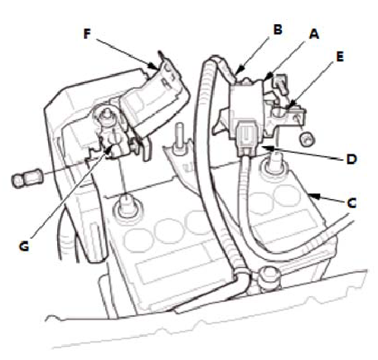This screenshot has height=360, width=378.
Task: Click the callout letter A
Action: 314,34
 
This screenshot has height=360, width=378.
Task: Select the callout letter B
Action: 278,29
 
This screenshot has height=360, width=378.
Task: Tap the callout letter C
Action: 351,203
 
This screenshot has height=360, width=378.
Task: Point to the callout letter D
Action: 351,159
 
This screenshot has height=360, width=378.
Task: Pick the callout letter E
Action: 340,56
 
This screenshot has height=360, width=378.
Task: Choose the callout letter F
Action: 87,34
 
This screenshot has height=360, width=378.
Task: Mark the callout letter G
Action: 24,246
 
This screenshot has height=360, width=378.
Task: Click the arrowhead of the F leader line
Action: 152,66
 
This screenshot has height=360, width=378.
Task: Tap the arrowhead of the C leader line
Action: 313,196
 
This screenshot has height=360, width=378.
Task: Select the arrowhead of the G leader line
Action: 109,149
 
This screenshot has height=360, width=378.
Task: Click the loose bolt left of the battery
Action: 26,179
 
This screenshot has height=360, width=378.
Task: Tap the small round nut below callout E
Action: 308,139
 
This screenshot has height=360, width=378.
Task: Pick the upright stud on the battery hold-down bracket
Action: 180,139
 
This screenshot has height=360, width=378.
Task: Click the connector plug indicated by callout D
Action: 245,139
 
